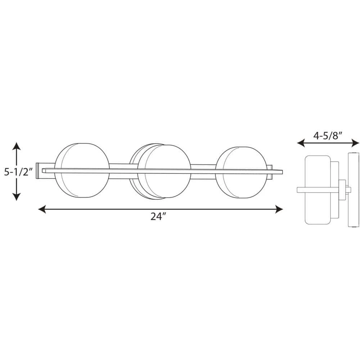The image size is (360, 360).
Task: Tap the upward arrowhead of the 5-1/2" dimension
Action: (x=16, y=146)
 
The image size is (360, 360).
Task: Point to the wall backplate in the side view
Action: (x=354, y=190)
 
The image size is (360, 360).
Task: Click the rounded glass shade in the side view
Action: (x=318, y=190)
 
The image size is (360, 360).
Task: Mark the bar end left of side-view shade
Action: (x=301, y=190)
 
